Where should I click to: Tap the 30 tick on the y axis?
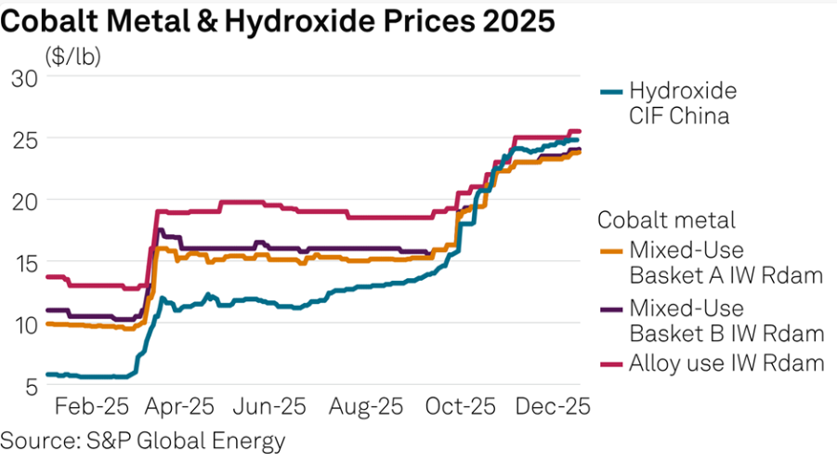click(x=24, y=77)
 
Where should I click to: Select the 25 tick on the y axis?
click(x=24, y=139)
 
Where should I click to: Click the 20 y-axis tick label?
click(x=24, y=201)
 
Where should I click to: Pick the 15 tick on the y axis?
click(x=24, y=263)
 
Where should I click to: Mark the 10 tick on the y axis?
click(x=24, y=324)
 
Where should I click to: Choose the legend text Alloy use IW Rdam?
click(x=726, y=364)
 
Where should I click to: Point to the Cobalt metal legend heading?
click(x=666, y=220)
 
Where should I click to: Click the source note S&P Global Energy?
click(x=142, y=440)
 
